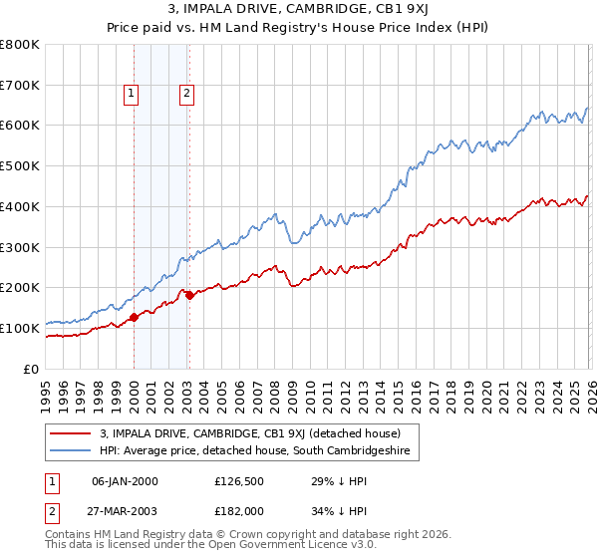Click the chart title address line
[299, 9]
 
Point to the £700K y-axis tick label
[20, 86]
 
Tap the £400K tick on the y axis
[20, 207]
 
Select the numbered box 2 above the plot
[186, 95]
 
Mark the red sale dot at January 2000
[134, 318]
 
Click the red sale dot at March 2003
[189, 295]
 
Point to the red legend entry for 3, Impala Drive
[249, 433]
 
